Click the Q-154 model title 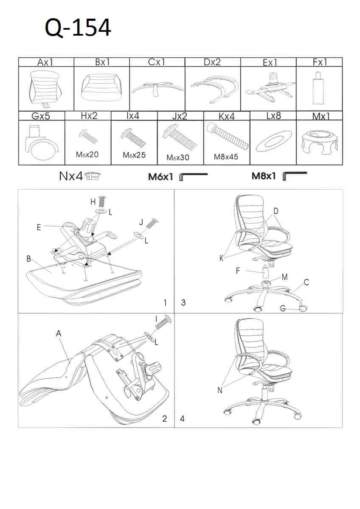click(78, 28)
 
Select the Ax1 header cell click(46, 62)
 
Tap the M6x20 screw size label click(87, 154)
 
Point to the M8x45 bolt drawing click(228, 136)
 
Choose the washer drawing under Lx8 click(274, 141)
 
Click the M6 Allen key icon click(194, 177)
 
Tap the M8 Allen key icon click(295, 176)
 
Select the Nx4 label click(71, 176)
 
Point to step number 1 click(165, 302)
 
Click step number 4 click(182, 419)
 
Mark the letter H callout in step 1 click(93, 202)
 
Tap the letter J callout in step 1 click(141, 222)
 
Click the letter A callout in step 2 click(59, 333)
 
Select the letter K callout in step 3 click(221, 258)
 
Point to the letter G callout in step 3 click(283, 308)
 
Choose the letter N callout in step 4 click(219, 390)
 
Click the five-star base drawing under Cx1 click(157, 88)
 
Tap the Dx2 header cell click(213, 62)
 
